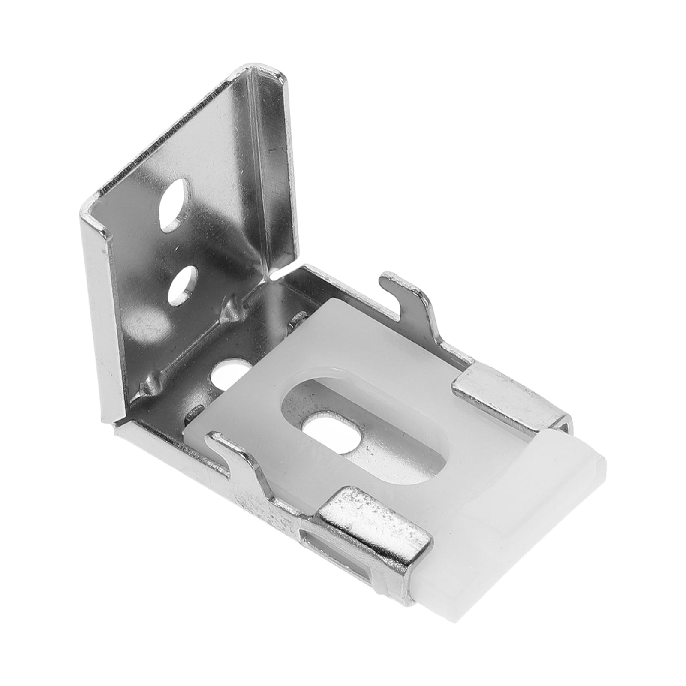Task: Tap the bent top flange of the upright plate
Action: (257, 77)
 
